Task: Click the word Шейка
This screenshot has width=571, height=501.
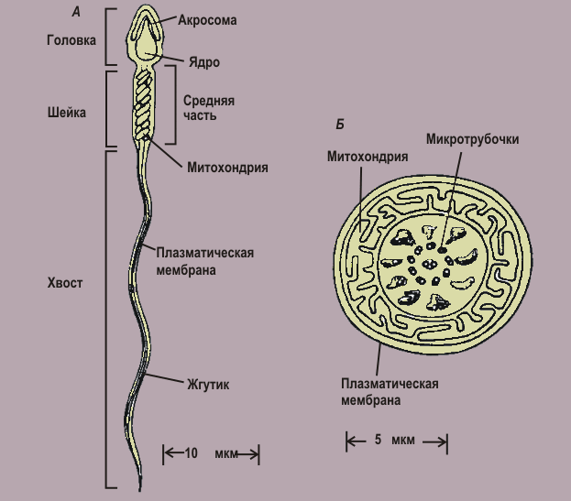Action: point(67,114)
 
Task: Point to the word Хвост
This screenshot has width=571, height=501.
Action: point(65,283)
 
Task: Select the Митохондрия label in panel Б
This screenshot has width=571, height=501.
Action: point(368,157)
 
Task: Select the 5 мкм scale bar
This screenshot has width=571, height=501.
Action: point(396,441)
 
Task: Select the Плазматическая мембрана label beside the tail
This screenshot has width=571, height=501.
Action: point(204,261)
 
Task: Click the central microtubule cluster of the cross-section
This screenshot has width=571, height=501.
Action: point(427,265)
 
